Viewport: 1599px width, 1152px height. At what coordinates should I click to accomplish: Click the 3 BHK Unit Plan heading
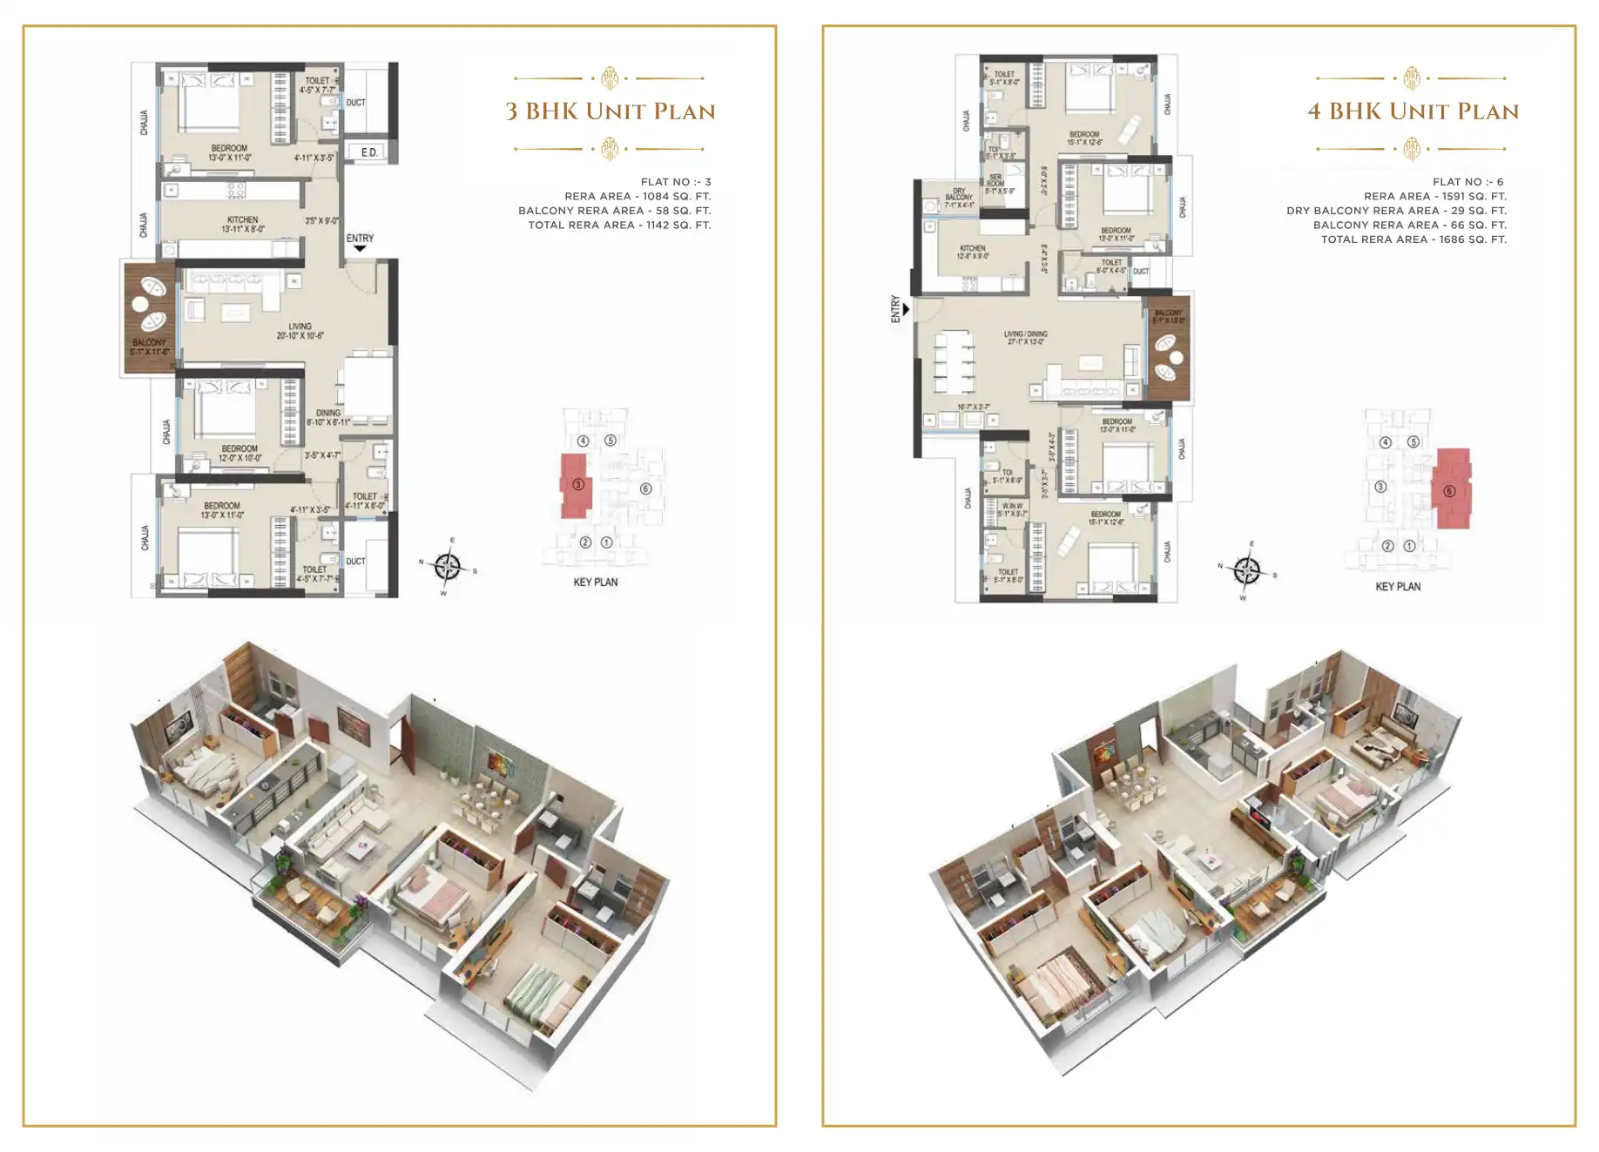click(x=611, y=111)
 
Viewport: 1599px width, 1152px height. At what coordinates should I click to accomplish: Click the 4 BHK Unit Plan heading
click(x=1413, y=111)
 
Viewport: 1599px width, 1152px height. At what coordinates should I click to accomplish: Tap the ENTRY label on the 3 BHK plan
click(x=360, y=238)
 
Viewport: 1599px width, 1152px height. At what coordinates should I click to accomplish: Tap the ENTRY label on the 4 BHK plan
click(x=895, y=309)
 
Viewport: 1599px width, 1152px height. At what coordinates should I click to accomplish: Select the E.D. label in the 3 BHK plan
click(x=369, y=152)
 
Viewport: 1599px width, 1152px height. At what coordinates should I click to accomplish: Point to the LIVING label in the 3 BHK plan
click(x=300, y=327)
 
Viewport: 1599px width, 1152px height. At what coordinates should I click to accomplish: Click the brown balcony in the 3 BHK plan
click(x=150, y=318)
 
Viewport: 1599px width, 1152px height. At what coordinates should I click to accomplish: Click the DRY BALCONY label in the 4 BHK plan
click(x=959, y=198)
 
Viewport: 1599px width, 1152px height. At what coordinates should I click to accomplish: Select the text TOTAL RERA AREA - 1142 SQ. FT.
click(x=619, y=225)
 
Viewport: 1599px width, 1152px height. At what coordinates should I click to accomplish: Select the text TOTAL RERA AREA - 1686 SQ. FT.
click(x=1413, y=239)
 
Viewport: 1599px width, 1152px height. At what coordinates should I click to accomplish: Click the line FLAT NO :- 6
click(x=1467, y=182)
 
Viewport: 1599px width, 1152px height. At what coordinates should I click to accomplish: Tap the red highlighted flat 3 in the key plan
click(x=576, y=485)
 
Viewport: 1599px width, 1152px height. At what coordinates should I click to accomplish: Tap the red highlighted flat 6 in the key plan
click(x=1451, y=489)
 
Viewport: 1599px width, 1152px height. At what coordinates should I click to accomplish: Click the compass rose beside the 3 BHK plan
click(x=448, y=567)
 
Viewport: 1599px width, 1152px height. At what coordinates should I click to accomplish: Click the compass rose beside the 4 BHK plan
click(x=1246, y=571)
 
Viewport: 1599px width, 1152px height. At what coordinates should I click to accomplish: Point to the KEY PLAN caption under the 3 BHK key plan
click(x=595, y=582)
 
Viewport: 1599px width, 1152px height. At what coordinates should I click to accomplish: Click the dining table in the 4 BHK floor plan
click(x=954, y=360)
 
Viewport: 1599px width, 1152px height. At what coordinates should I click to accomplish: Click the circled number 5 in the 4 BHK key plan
click(x=1413, y=441)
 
